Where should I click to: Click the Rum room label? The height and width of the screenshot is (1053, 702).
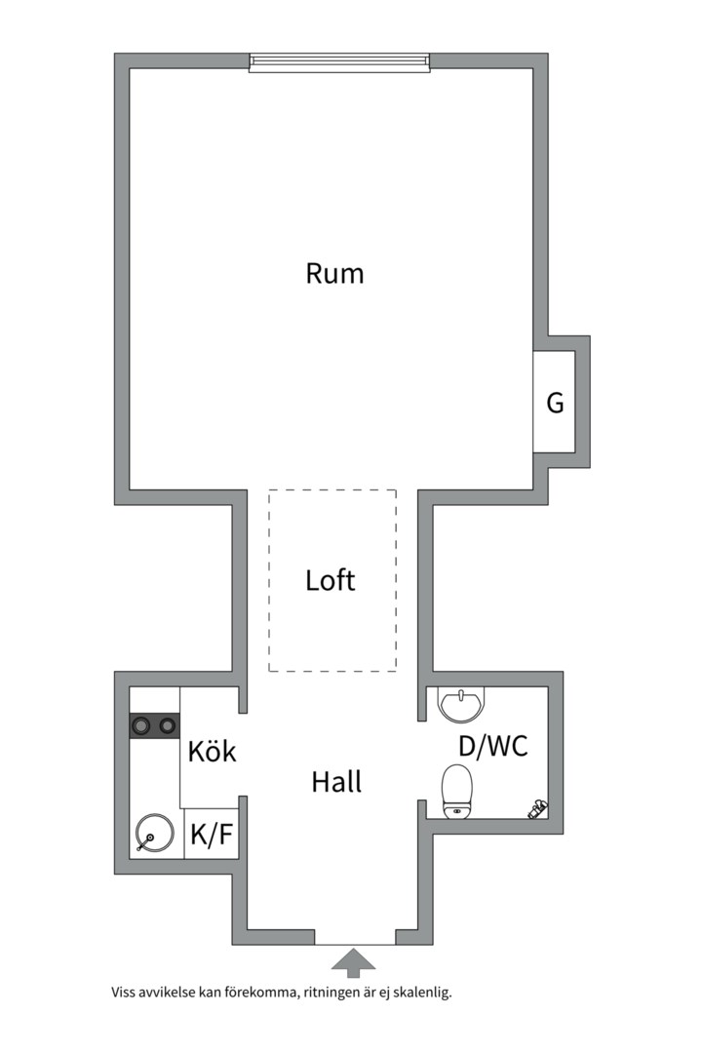tap(334, 273)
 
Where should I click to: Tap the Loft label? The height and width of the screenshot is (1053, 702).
tap(331, 581)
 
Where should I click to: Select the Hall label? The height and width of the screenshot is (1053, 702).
tap(336, 781)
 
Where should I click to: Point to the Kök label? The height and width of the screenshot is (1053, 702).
tap(212, 752)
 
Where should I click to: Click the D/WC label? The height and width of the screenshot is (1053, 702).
tap(493, 747)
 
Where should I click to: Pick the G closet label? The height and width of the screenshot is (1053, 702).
tap(555, 403)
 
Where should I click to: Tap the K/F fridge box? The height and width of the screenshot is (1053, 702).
tap(212, 835)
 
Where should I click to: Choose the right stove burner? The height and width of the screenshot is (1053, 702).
tap(168, 724)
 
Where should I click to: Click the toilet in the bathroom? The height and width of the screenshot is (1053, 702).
tap(456, 791)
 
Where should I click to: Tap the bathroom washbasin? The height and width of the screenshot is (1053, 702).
tap(460, 704)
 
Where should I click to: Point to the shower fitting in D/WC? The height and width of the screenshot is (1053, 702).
tap(537, 807)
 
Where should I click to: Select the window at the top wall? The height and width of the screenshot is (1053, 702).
tap(339, 62)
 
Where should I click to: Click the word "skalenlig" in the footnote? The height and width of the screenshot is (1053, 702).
tap(424, 994)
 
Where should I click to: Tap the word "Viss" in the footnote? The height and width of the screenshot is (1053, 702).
tap(124, 994)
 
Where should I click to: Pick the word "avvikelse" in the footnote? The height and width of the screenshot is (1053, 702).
tap(168, 994)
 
